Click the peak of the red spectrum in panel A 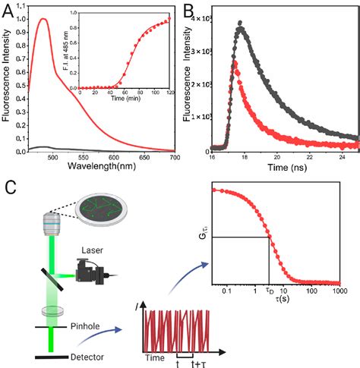click(x=43, y=20)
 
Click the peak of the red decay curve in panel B click(x=235, y=63)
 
